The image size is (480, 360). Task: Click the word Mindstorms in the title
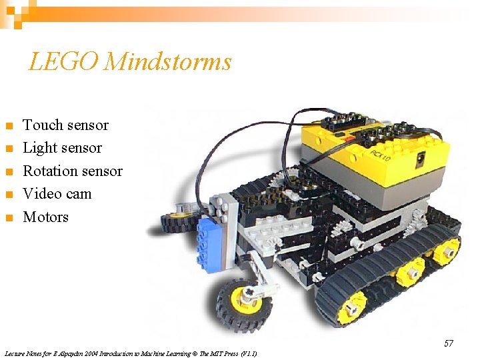pyautogui.click(x=168, y=62)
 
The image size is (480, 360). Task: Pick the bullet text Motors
pyautogui.click(x=45, y=217)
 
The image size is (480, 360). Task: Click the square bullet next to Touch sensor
pyautogui.click(x=9, y=126)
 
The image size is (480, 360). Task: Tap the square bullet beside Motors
pyautogui.click(x=9, y=218)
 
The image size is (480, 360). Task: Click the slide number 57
pyautogui.click(x=449, y=343)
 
